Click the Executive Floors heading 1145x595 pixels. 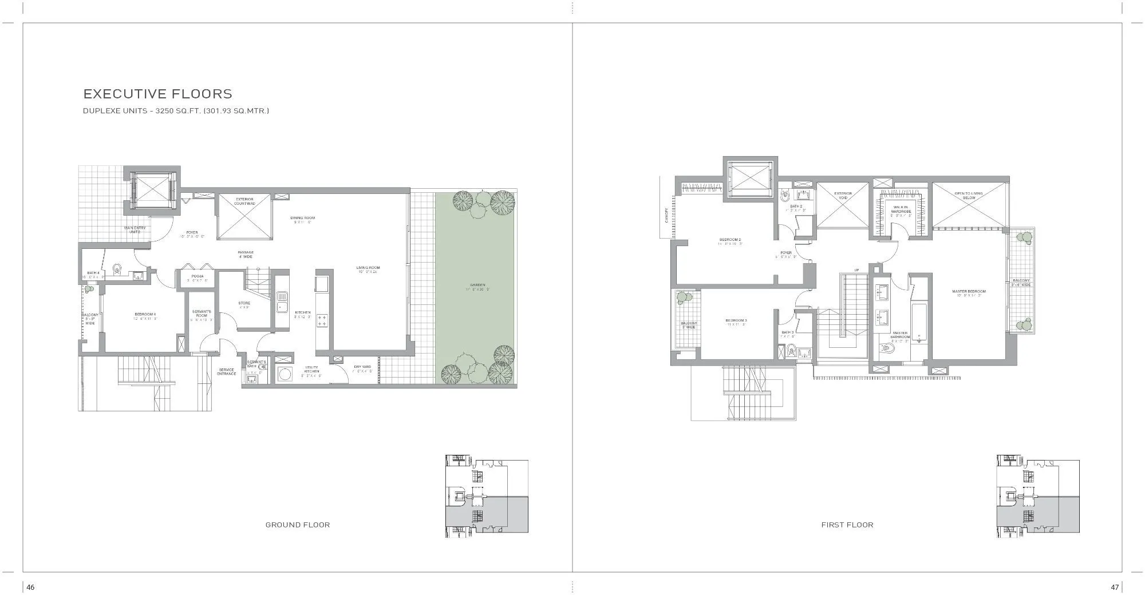158,94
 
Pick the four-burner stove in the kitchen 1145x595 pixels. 322,320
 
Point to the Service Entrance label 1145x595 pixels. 227,372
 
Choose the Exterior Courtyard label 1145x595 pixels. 244,201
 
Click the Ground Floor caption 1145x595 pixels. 297,525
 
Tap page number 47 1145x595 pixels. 1115,587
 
